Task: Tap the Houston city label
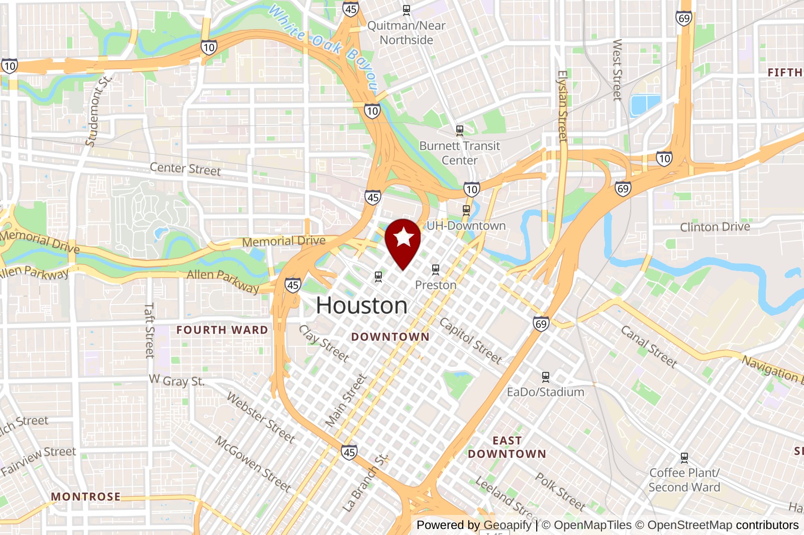coord(361,306)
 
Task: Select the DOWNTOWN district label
coord(390,337)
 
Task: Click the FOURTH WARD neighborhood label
coord(222,330)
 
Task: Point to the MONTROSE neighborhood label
coord(86,496)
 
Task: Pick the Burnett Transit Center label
coord(460,153)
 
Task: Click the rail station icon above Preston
coord(436,270)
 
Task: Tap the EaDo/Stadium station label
coord(545,392)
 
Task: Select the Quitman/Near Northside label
coord(407,33)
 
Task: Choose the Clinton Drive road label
coord(715,227)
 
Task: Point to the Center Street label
coord(185,169)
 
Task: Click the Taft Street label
coord(149,330)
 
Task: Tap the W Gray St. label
coord(177,380)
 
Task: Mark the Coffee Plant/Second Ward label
coord(684,480)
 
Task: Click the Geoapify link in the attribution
coord(507,525)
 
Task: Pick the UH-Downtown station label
coord(466,226)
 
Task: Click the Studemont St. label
coord(98,111)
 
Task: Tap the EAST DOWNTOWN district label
coord(507,447)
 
